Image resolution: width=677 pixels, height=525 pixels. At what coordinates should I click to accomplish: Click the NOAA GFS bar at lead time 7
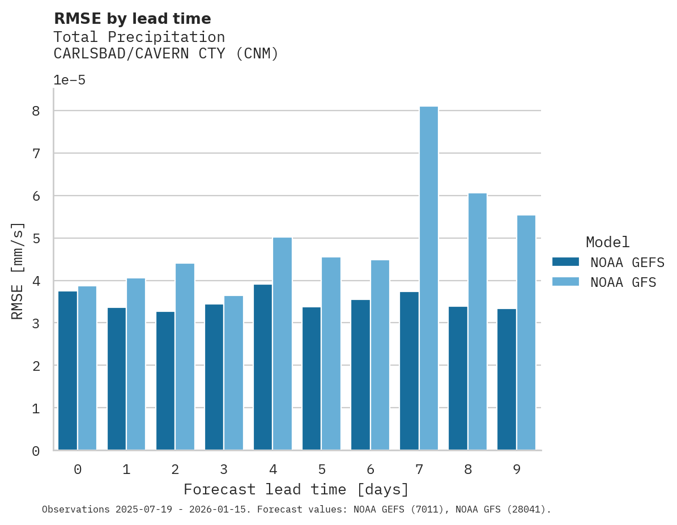coord(428,278)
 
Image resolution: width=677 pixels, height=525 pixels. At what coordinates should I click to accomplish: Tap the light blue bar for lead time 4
coord(282,344)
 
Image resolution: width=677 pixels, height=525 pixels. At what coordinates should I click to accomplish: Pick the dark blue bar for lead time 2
coord(165,380)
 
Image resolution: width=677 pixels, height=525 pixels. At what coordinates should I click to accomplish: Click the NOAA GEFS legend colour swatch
coord(565,262)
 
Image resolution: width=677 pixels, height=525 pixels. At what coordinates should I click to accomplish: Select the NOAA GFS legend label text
coord(623,282)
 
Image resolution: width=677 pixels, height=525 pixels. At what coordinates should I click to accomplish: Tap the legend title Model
coord(607,242)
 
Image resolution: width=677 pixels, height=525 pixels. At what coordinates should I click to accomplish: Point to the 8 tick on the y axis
coord(36,111)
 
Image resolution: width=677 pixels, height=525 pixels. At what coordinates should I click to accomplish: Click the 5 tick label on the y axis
coord(36,239)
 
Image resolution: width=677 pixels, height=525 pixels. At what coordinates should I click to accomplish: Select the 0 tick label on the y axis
coord(36,451)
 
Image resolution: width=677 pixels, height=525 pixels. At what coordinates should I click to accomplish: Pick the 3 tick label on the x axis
coord(224,469)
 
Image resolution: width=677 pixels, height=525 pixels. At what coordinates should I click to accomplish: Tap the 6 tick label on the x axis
coord(370,469)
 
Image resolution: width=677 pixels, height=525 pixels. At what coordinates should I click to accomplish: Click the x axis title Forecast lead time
coord(296,489)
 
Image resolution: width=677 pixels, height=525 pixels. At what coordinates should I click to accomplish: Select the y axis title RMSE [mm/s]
coord(18,271)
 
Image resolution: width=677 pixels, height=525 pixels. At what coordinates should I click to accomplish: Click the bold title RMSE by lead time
coord(132,19)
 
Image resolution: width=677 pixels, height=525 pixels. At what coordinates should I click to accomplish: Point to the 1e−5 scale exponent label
coord(69,80)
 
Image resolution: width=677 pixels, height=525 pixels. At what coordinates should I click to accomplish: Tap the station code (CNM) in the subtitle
coord(257,54)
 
